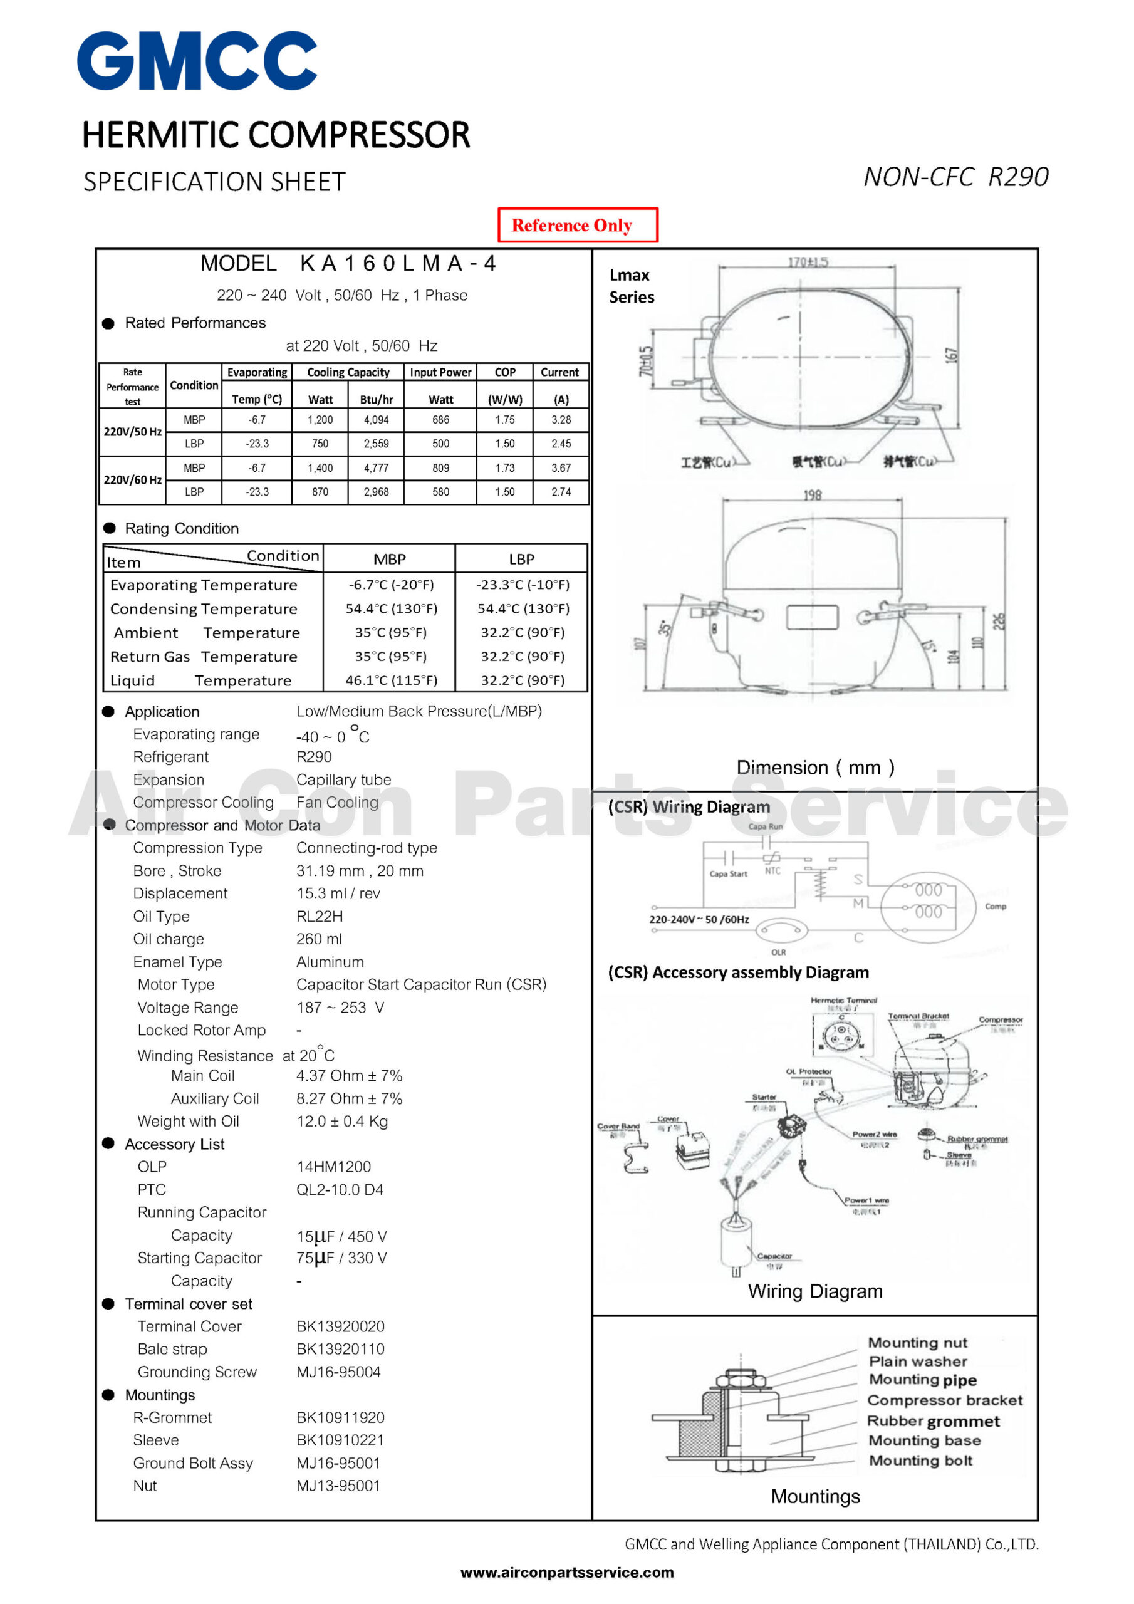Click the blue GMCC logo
tap(197, 61)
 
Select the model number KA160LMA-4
tap(398, 263)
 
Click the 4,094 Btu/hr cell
tap(376, 420)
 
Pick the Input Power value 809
tap(440, 468)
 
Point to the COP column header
tap(504, 372)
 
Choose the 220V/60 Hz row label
tap(133, 480)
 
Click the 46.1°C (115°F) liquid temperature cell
tap(392, 680)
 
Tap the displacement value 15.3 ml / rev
tap(338, 893)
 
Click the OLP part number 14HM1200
tap(333, 1166)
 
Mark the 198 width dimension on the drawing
tap(812, 496)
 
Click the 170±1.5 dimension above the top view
tap(808, 262)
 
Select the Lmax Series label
tap(631, 286)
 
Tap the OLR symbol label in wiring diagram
tap(778, 952)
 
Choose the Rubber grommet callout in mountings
tap(933, 1421)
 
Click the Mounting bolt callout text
tap(920, 1460)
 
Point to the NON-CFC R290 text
tap(955, 177)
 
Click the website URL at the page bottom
tap(566, 1573)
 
